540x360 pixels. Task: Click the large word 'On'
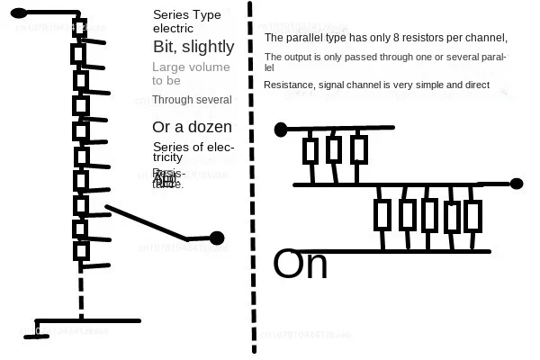[x=301, y=265]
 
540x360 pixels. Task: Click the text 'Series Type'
[x=186, y=15]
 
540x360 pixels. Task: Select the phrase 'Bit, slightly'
[x=193, y=46]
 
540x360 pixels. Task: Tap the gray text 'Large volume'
[x=191, y=67]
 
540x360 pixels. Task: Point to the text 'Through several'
[x=192, y=100]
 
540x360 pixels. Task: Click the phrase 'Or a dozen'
[x=192, y=127]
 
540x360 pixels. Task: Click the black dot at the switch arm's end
[x=217, y=238]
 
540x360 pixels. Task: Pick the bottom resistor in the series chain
[x=81, y=250]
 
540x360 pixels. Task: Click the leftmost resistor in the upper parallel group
[x=311, y=150]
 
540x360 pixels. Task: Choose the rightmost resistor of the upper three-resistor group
[x=358, y=149]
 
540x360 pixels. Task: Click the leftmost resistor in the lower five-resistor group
[x=382, y=216]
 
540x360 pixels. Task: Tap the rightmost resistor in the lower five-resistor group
[x=472, y=216]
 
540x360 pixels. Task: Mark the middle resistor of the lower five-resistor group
[x=429, y=216]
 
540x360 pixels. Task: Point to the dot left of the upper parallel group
[x=281, y=129]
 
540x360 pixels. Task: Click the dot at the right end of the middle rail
[x=517, y=184]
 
